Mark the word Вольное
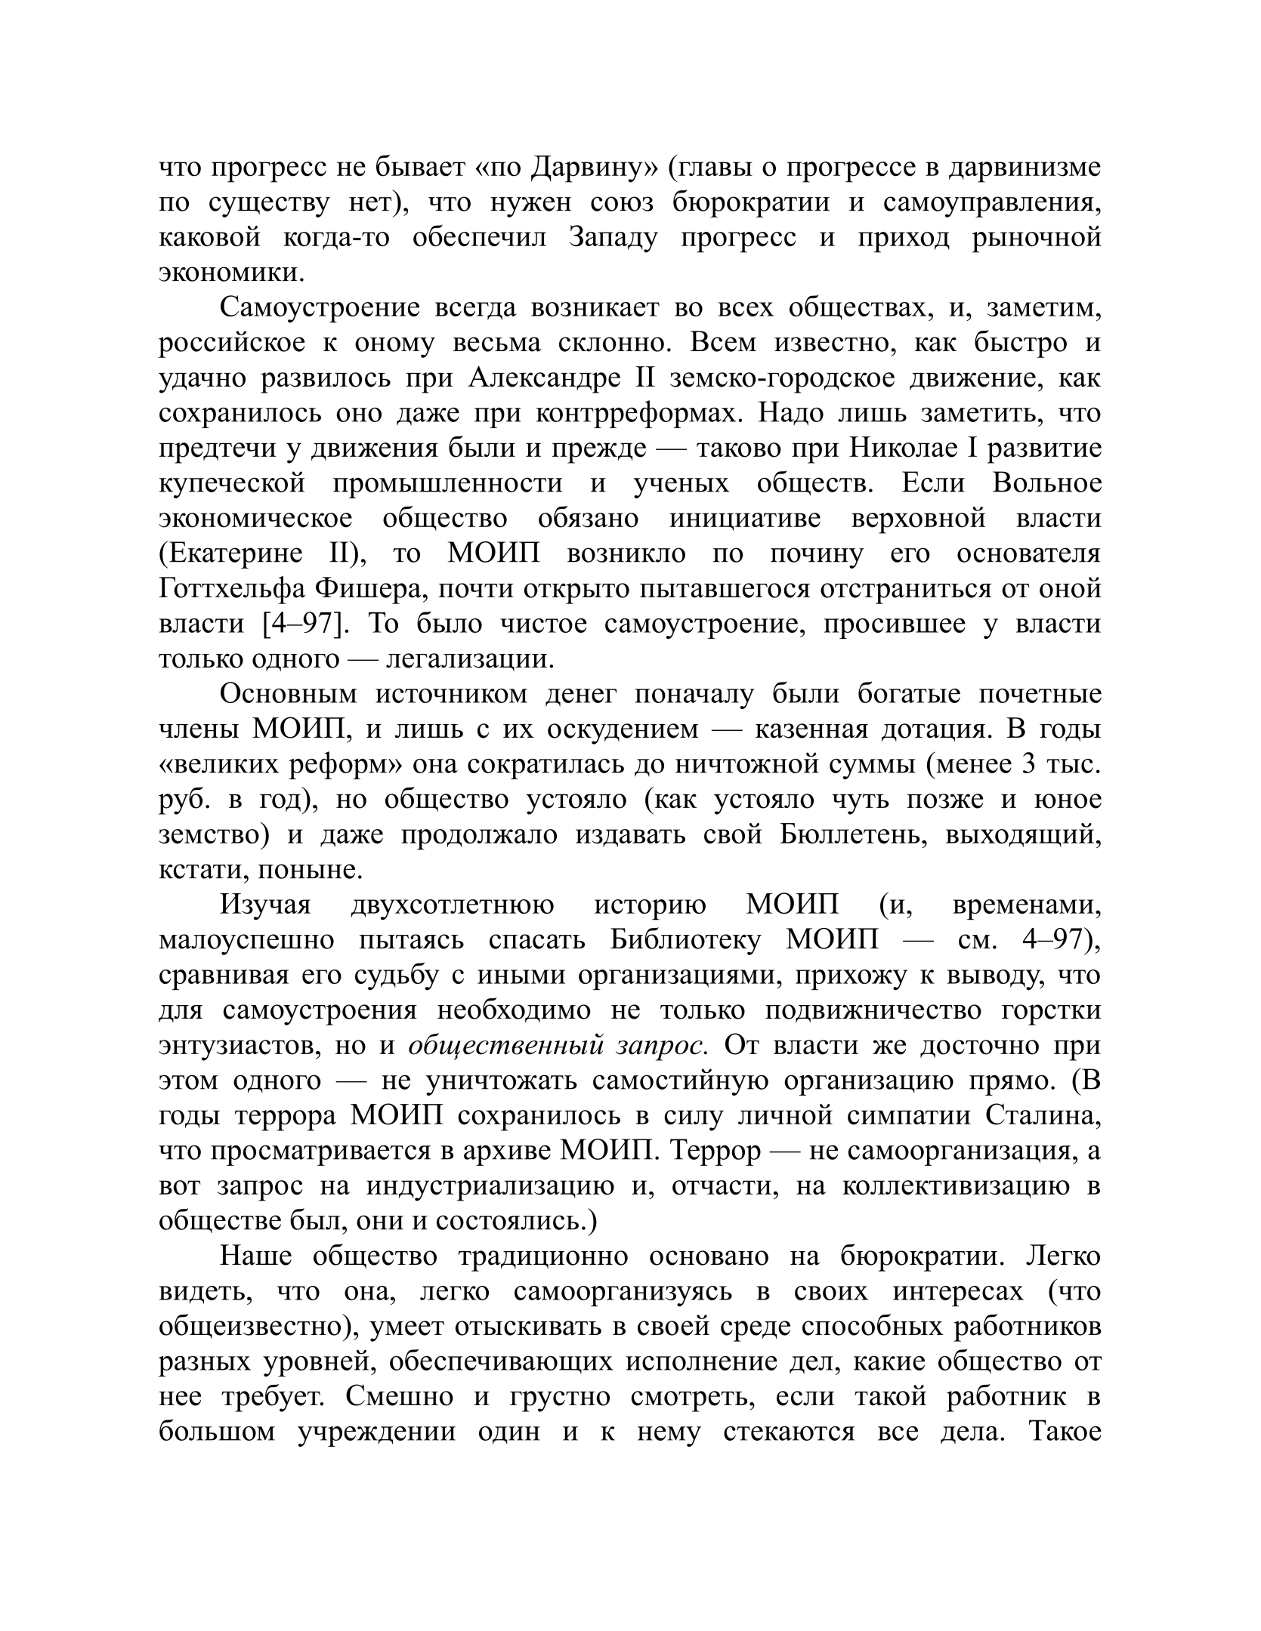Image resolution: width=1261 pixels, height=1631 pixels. (x=1046, y=483)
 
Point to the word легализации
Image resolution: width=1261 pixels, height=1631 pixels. (x=470, y=658)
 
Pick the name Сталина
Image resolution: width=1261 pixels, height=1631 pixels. (x=1043, y=1116)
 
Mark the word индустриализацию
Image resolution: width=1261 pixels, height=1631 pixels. (x=490, y=1186)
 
